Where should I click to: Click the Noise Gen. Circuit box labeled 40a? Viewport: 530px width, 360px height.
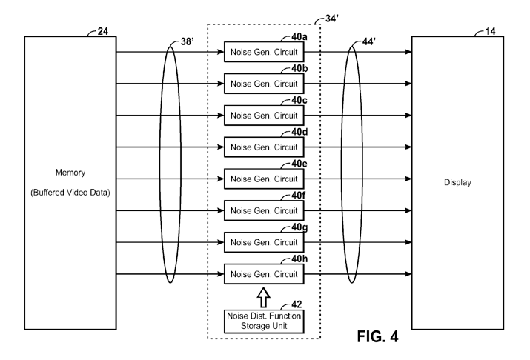point(264,52)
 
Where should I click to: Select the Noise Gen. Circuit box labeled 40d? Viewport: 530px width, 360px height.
point(264,147)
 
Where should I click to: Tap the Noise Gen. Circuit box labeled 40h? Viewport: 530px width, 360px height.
point(264,274)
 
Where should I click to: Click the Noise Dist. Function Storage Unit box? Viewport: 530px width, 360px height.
point(264,321)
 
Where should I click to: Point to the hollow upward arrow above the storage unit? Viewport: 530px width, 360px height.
point(264,297)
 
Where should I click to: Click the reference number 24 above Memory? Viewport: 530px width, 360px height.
point(103,31)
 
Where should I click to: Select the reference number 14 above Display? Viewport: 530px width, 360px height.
point(491,31)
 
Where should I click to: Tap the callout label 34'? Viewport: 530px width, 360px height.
point(331,19)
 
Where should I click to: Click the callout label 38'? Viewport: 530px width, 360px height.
point(187,41)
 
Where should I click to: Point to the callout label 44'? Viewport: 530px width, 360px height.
point(368,41)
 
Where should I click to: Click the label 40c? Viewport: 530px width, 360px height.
point(299,100)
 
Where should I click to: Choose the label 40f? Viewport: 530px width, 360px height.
point(299,196)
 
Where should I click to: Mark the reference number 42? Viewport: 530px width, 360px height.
point(297,304)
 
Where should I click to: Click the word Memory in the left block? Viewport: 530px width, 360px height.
point(70,173)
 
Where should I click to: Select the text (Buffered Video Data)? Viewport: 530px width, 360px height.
point(70,193)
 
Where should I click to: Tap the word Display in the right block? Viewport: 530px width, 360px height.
point(457,182)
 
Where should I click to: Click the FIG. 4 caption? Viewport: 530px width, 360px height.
point(377,336)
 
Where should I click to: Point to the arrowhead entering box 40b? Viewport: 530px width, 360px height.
point(221,84)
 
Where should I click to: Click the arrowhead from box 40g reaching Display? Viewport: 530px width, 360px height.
point(408,242)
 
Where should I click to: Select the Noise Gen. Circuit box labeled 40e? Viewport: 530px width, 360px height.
point(264,179)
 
